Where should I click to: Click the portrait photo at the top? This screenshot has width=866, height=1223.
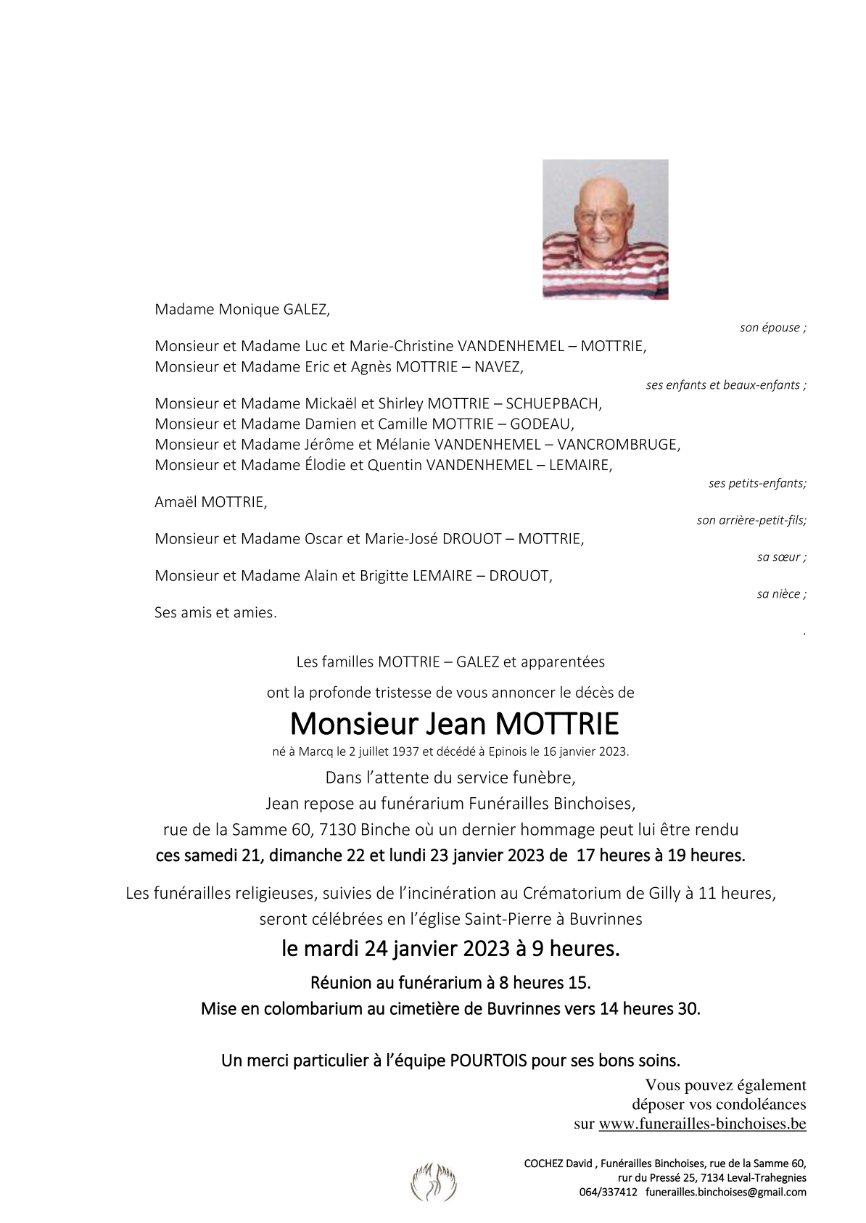pyautogui.click(x=605, y=229)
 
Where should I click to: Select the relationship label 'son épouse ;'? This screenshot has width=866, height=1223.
pyautogui.click(x=772, y=328)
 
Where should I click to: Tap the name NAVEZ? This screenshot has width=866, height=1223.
pyautogui.click(x=498, y=367)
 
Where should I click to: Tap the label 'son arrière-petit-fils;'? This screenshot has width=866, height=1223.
pyautogui.click(x=751, y=520)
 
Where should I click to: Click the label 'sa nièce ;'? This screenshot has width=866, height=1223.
pyautogui.click(x=781, y=594)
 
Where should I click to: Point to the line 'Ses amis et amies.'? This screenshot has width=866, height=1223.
pyautogui.click(x=215, y=613)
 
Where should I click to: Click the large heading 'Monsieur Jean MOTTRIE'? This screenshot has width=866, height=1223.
pyautogui.click(x=455, y=724)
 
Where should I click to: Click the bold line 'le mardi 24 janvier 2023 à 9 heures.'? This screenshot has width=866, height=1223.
pyautogui.click(x=450, y=948)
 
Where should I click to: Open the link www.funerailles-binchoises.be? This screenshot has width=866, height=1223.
pyautogui.click(x=702, y=1124)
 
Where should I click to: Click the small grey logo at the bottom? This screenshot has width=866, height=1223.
pyautogui.click(x=434, y=1181)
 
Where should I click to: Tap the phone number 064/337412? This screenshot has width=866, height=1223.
pyautogui.click(x=608, y=1193)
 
